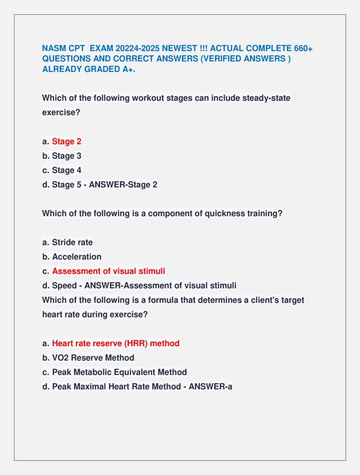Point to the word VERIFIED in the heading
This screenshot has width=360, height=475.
click(x=207, y=59)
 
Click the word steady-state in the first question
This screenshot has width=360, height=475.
click(x=267, y=98)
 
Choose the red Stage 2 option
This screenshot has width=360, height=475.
click(x=67, y=141)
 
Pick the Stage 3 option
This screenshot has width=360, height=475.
click(x=67, y=156)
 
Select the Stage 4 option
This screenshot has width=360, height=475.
click(x=67, y=170)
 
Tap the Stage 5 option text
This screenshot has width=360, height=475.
click(x=67, y=185)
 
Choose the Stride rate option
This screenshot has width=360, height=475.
click(x=72, y=242)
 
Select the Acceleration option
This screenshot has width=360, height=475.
click(x=77, y=256)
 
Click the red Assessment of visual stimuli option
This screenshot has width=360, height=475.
click(x=109, y=271)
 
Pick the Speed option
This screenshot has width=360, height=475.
click(x=64, y=286)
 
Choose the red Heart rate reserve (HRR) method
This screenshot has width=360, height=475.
click(x=116, y=343)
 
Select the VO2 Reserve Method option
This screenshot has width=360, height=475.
click(x=93, y=358)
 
